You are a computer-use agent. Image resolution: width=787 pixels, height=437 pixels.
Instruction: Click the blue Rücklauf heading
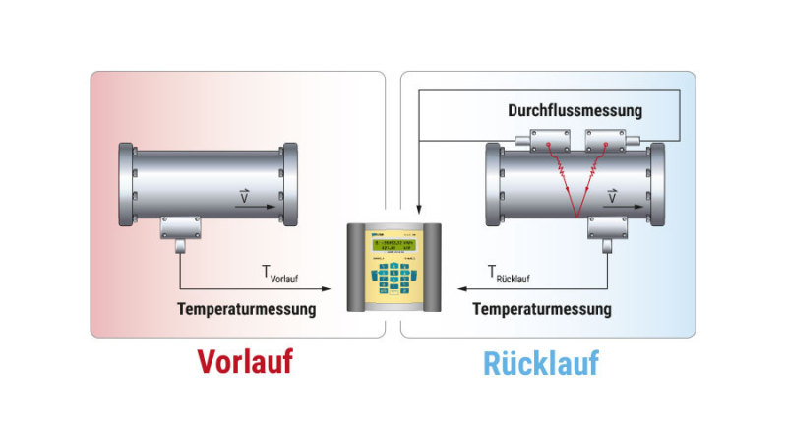tap(540, 362)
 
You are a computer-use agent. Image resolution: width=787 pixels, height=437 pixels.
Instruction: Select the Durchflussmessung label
tap(575, 110)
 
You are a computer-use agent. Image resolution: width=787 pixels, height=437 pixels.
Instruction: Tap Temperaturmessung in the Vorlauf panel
tap(247, 309)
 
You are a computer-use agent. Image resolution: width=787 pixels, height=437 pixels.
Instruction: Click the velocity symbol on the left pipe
tap(244, 198)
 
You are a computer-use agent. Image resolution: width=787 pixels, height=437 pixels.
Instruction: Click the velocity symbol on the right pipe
tap(612, 197)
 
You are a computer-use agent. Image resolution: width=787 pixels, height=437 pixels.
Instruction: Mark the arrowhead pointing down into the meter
tap(418, 211)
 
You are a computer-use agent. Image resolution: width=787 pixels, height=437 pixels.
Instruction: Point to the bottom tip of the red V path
tap(576, 216)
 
